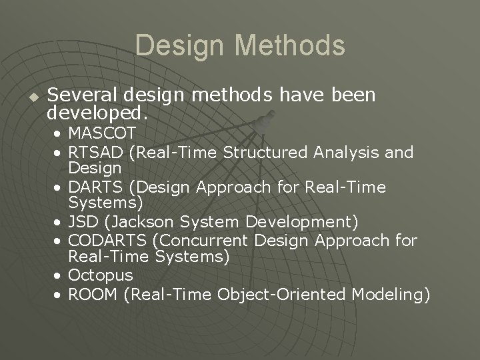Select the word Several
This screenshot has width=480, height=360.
point(81,96)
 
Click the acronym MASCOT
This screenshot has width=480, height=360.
point(102,133)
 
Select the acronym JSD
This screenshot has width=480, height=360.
point(83,221)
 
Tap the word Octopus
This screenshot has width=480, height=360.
point(100,275)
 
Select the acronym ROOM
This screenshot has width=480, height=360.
point(93,294)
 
